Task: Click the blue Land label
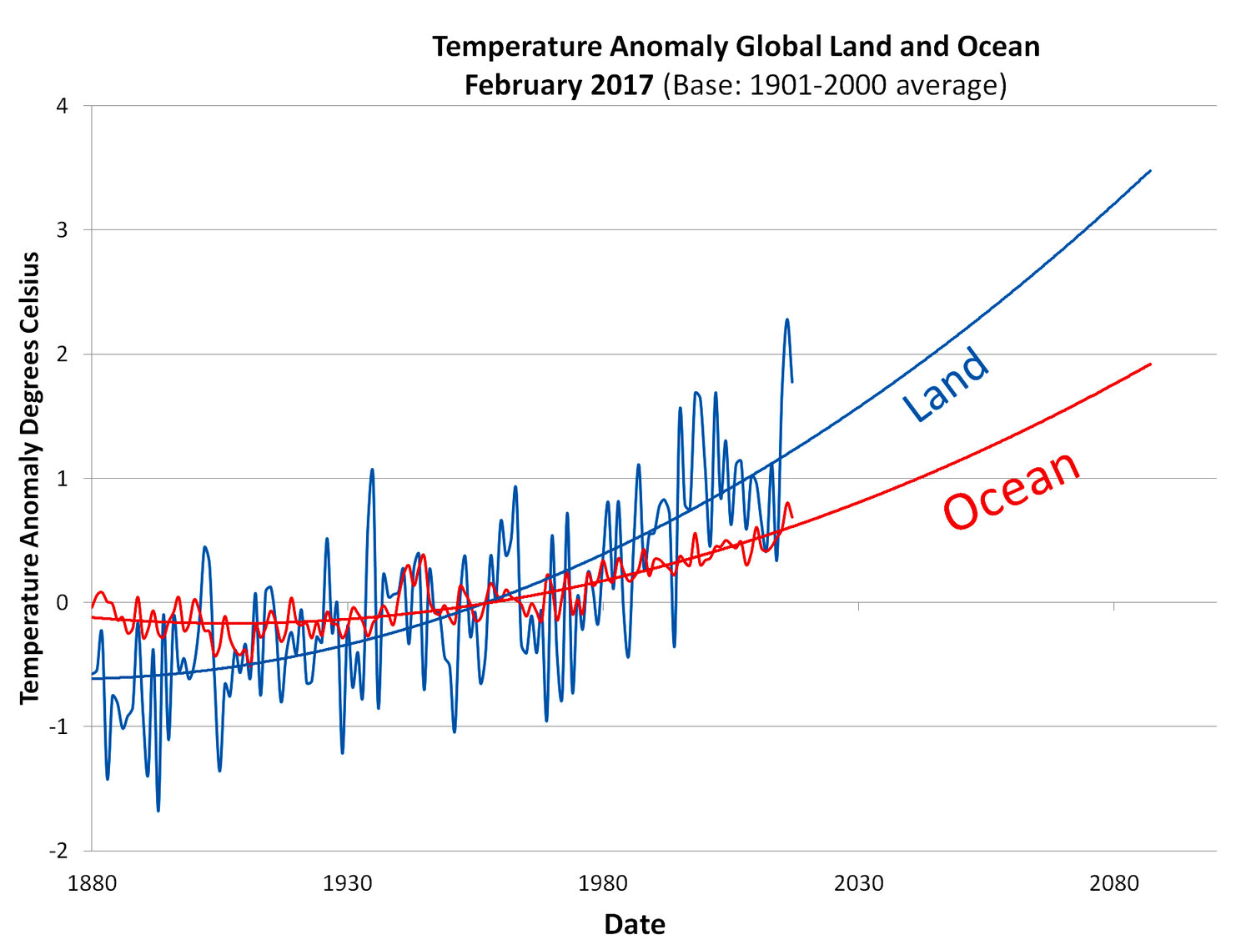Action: point(947,385)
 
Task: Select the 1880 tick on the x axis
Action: point(92,883)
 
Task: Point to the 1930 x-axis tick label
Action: point(347,883)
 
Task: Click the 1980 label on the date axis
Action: point(603,883)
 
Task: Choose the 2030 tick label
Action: point(858,883)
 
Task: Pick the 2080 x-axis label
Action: point(1113,883)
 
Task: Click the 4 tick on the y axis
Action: point(63,107)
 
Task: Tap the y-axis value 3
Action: point(63,230)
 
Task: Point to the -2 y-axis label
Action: point(58,851)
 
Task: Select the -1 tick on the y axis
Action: point(58,726)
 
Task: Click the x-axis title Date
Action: point(635,924)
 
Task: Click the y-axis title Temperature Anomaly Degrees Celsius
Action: point(31,478)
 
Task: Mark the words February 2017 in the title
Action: point(559,85)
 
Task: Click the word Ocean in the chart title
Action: point(998,47)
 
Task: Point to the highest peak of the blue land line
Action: point(786,319)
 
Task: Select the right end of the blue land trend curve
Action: point(1150,171)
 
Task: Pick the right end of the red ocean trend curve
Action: point(1150,364)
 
